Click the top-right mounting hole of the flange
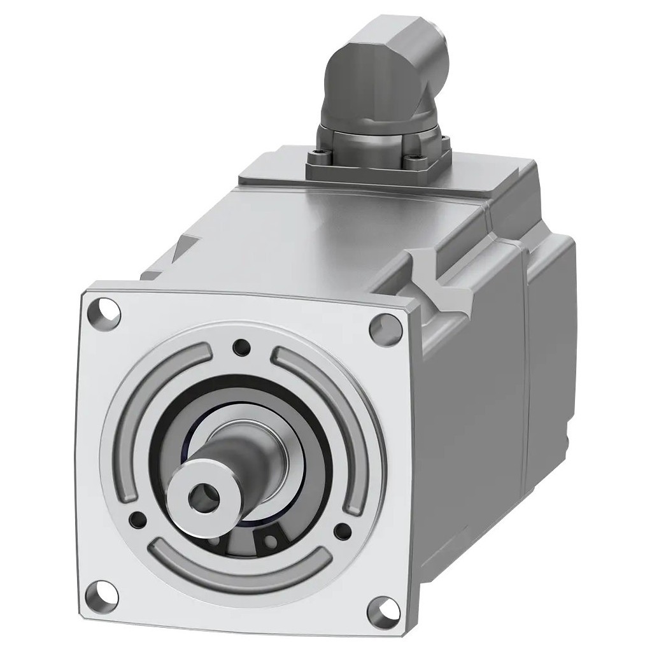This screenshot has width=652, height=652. [385, 327]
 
